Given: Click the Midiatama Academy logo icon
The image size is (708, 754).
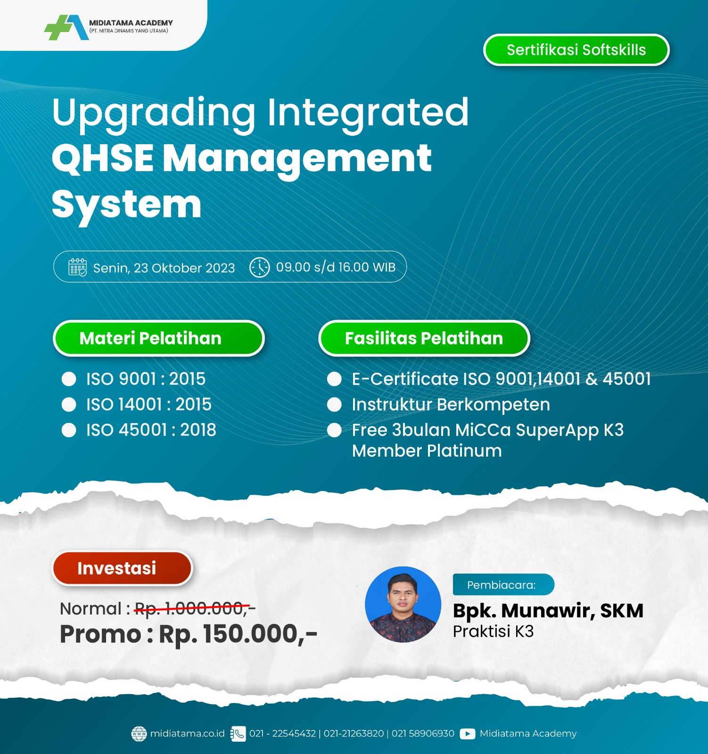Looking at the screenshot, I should click(x=66, y=27).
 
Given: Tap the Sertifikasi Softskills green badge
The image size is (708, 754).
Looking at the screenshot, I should click(x=576, y=50).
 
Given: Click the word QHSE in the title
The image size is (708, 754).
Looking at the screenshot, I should click(x=103, y=158).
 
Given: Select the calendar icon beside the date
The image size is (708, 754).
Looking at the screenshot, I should click(x=77, y=267).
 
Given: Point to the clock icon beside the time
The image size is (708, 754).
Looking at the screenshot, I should click(x=259, y=267).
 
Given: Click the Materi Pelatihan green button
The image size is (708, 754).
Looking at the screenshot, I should click(x=158, y=338).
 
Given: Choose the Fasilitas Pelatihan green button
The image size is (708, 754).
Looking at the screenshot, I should click(x=424, y=338).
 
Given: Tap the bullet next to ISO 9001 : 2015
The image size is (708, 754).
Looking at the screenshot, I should click(x=69, y=379).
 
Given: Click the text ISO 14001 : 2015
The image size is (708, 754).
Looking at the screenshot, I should click(x=148, y=404).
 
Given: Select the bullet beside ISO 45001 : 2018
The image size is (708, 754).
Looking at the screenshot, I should click(x=69, y=430).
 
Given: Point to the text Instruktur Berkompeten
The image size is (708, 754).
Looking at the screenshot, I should click(x=451, y=404).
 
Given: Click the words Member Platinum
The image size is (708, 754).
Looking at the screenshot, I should click(x=427, y=451).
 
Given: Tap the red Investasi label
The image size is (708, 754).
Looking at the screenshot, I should click(x=122, y=568).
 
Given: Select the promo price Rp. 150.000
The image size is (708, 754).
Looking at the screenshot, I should click(x=238, y=634).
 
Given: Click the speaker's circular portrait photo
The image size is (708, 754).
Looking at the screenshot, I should click(x=403, y=605).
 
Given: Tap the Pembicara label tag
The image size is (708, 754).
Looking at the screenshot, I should click(x=503, y=585).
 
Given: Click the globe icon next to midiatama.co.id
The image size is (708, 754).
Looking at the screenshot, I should click(x=139, y=734).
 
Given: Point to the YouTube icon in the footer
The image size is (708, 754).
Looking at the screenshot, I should click(x=467, y=734).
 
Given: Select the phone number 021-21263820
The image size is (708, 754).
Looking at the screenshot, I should click(x=354, y=734).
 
